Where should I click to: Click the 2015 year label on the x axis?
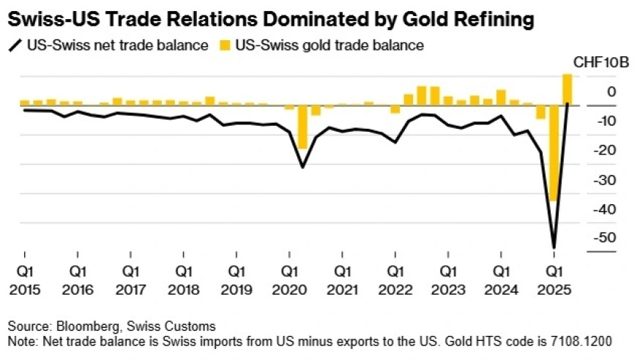(24, 289)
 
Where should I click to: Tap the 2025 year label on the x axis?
(554, 289)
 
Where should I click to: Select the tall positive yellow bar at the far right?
(567, 89)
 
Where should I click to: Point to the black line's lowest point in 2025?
(554, 247)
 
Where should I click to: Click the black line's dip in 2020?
(302, 167)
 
